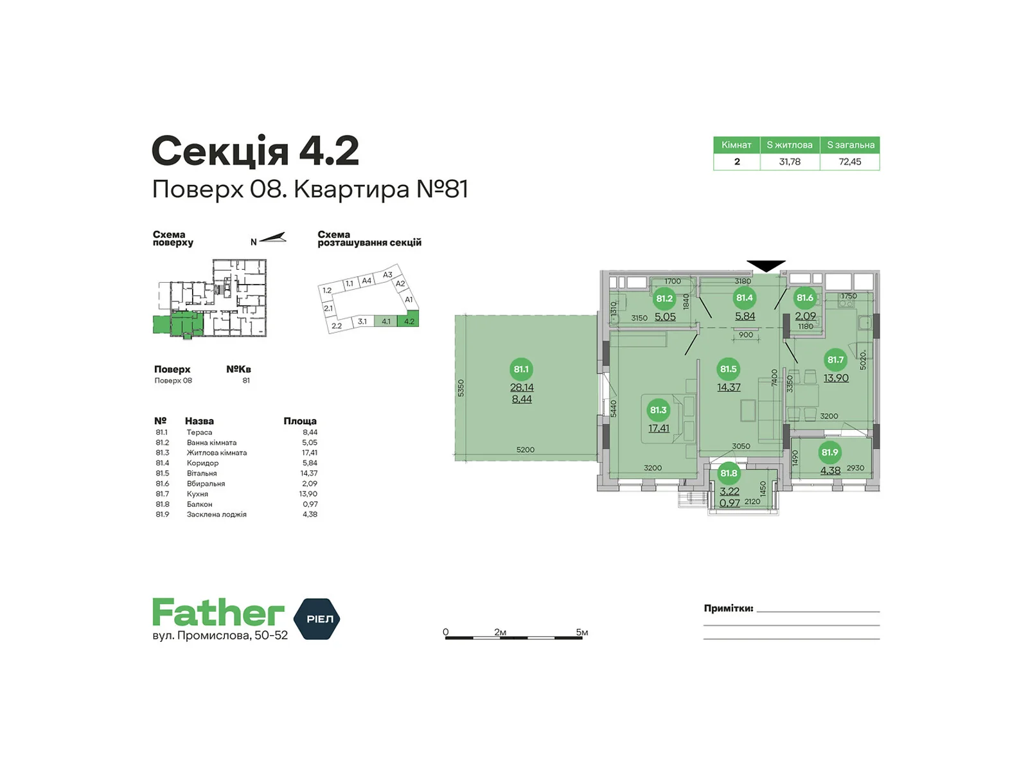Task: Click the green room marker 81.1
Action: [x=520, y=369]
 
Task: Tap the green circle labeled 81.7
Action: [x=835, y=360]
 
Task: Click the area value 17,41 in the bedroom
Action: [x=658, y=428]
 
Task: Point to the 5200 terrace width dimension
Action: [x=525, y=449]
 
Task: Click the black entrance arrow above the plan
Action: [x=766, y=266]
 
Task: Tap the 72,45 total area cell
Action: [x=849, y=161]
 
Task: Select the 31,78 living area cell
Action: [x=790, y=161]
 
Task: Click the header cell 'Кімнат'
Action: [x=736, y=145]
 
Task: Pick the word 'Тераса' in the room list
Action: [x=199, y=432]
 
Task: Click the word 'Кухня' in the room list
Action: [x=197, y=494]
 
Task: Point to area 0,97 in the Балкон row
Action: [x=310, y=504]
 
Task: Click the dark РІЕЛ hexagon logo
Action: [x=317, y=618]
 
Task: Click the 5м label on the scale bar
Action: [x=581, y=632]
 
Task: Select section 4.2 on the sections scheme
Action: [x=409, y=321]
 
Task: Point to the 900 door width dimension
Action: [x=745, y=335]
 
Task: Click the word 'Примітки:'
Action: [x=728, y=608]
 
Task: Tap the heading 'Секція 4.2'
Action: [x=255, y=151]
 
